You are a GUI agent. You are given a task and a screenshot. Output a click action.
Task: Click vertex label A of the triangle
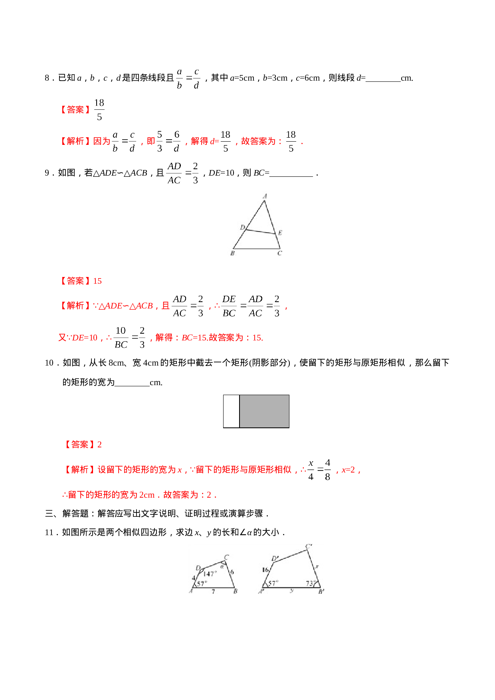(265, 196)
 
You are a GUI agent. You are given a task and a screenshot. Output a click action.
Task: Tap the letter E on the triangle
(280, 233)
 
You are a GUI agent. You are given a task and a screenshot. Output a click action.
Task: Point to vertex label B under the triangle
(233, 253)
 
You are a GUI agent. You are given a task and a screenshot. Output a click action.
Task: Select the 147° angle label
(210, 574)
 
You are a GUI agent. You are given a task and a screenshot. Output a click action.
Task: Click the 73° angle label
(310, 583)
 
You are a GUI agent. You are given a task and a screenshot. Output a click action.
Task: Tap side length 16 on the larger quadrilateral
(265, 570)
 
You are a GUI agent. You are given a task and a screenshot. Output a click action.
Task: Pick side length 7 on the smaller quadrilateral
(213, 591)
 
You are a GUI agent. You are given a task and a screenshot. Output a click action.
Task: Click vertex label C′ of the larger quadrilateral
(309, 546)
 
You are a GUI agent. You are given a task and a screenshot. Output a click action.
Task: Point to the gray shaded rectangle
(264, 411)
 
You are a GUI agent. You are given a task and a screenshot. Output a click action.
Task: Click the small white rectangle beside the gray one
(231, 411)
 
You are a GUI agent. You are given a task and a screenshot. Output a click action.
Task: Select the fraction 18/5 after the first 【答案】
(99, 109)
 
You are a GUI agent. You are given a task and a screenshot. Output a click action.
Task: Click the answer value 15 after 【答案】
(97, 281)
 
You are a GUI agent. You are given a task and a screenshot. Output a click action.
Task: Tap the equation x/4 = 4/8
(319, 469)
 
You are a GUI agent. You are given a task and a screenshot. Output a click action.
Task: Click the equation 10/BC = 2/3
(129, 337)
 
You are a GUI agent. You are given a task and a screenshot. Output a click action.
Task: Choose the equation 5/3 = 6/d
(168, 141)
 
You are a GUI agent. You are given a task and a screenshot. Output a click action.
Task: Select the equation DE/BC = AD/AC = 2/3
(251, 306)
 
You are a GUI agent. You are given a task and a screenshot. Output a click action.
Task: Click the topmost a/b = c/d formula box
(188, 78)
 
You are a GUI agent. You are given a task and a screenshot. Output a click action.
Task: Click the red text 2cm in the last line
(147, 495)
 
